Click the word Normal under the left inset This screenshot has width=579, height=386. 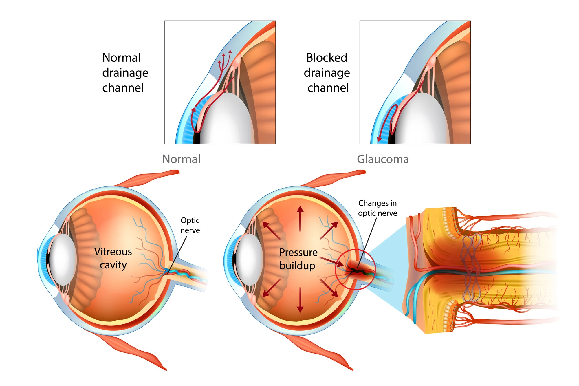point(181,159)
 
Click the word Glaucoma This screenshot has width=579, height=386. point(383,159)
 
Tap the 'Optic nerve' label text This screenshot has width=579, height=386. point(190,225)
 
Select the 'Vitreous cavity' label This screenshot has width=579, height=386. point(113,258)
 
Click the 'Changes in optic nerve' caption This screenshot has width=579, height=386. point(378,208)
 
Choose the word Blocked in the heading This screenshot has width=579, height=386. point(327,58)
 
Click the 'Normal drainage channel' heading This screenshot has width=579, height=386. point(125,72)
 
